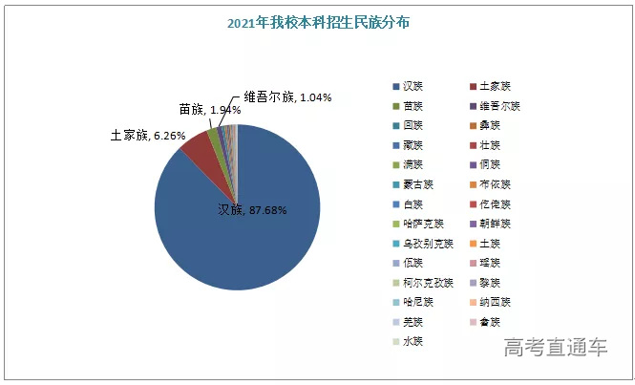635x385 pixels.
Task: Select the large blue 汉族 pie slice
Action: [248, 229]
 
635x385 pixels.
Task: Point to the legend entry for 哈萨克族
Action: [421, 224]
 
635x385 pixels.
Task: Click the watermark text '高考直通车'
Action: [556, 346]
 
